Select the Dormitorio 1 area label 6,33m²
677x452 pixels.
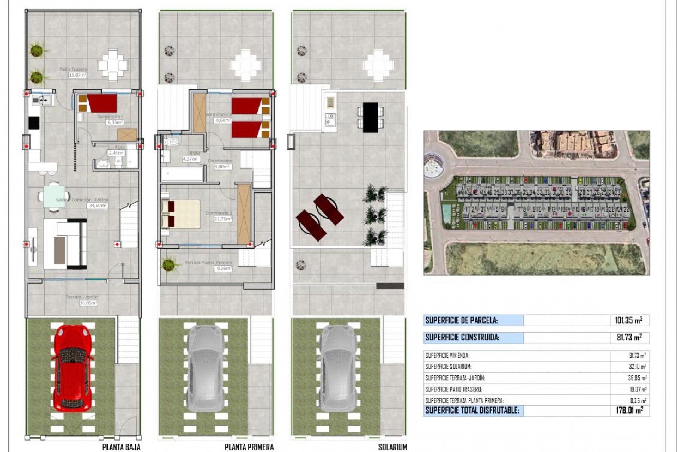[x=115, y=122]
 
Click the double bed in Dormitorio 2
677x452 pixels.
[x=181, y=214]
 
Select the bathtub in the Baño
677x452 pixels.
[x=182, y=174]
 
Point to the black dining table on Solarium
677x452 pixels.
[x=370, y=118]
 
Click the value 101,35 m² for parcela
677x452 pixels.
[x=628, y=320]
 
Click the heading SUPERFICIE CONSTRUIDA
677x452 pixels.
[x=462, y=337]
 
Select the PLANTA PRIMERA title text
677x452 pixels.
[x=249, y=447]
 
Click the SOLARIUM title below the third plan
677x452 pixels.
[x=392, y=447]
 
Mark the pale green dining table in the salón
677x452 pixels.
[x=54, y=197]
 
